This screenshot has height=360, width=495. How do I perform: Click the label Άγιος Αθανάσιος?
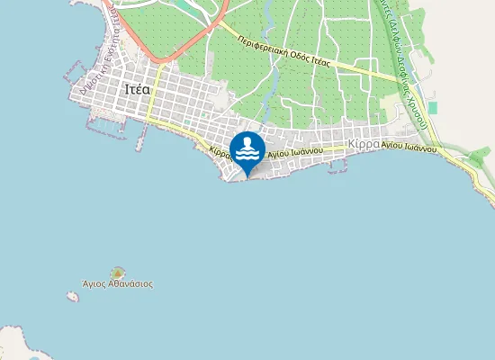point(117,283)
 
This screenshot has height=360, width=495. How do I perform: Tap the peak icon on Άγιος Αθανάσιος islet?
point(117,272)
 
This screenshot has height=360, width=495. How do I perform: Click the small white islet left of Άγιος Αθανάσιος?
point(73,294)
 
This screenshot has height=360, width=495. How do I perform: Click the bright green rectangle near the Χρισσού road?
point(433,107)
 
